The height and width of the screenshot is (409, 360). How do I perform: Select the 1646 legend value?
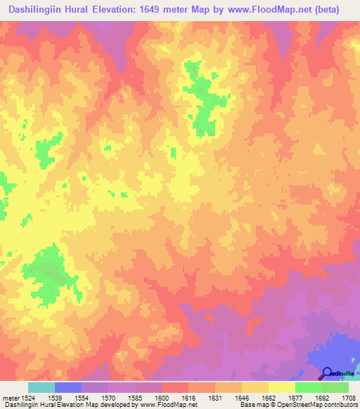coord(241,397)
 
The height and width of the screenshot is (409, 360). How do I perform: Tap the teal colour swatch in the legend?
coord(41,387)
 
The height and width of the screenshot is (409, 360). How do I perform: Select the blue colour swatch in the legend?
coord(68,387)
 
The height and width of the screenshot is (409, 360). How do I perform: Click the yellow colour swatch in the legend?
coord(282,387)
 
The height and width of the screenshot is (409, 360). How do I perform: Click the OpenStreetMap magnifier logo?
coord(328,375)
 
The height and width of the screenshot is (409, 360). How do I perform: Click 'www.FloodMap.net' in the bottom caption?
coord(165,405)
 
